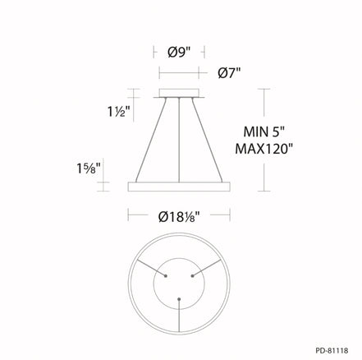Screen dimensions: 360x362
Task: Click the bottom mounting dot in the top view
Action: (179, 298)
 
